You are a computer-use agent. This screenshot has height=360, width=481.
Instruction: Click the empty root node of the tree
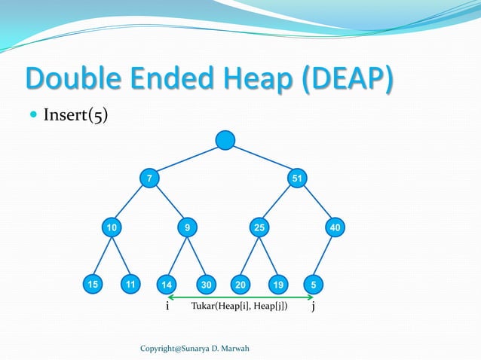225,141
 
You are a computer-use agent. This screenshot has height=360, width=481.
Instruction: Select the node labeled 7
149,178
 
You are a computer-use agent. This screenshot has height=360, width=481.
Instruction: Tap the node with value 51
298,178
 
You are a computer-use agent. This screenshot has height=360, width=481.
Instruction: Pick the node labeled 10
112,226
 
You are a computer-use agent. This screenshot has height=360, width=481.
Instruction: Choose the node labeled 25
259,226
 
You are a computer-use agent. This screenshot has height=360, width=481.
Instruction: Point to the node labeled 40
335,226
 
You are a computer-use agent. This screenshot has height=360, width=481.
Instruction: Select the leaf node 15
92,285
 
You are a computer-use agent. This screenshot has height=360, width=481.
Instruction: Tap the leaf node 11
131,285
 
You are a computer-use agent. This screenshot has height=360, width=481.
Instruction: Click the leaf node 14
167,285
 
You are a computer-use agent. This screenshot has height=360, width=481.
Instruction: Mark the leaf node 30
206,285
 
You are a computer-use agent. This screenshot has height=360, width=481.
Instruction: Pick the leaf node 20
240,285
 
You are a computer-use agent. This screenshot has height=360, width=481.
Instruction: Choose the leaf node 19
278,285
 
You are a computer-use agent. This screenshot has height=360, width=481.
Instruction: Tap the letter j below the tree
314,308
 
